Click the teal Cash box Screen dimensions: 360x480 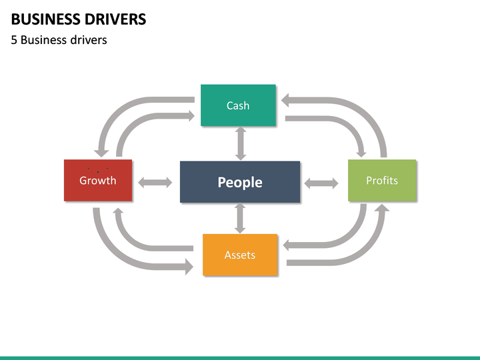point(238,105)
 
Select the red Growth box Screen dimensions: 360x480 point(98,180)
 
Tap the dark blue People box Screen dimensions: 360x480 point(240,182)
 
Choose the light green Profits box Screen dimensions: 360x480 point(382,180)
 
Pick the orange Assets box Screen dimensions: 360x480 point(240,255)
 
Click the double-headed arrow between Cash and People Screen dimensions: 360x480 point(240,143)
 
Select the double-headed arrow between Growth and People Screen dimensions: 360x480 point(155,183)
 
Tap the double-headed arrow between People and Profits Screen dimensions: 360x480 point(321,183)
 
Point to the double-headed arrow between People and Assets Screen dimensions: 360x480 point(240,219)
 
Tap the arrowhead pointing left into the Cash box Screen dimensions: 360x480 point(288,100)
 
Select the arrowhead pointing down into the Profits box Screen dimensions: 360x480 point(361,150)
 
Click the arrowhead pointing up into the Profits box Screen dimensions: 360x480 point(381,210)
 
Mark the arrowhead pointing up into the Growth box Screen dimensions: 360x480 point(118,213)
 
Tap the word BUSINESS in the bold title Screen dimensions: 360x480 point(42,19)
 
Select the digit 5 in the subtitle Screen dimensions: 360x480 point(14,40)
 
